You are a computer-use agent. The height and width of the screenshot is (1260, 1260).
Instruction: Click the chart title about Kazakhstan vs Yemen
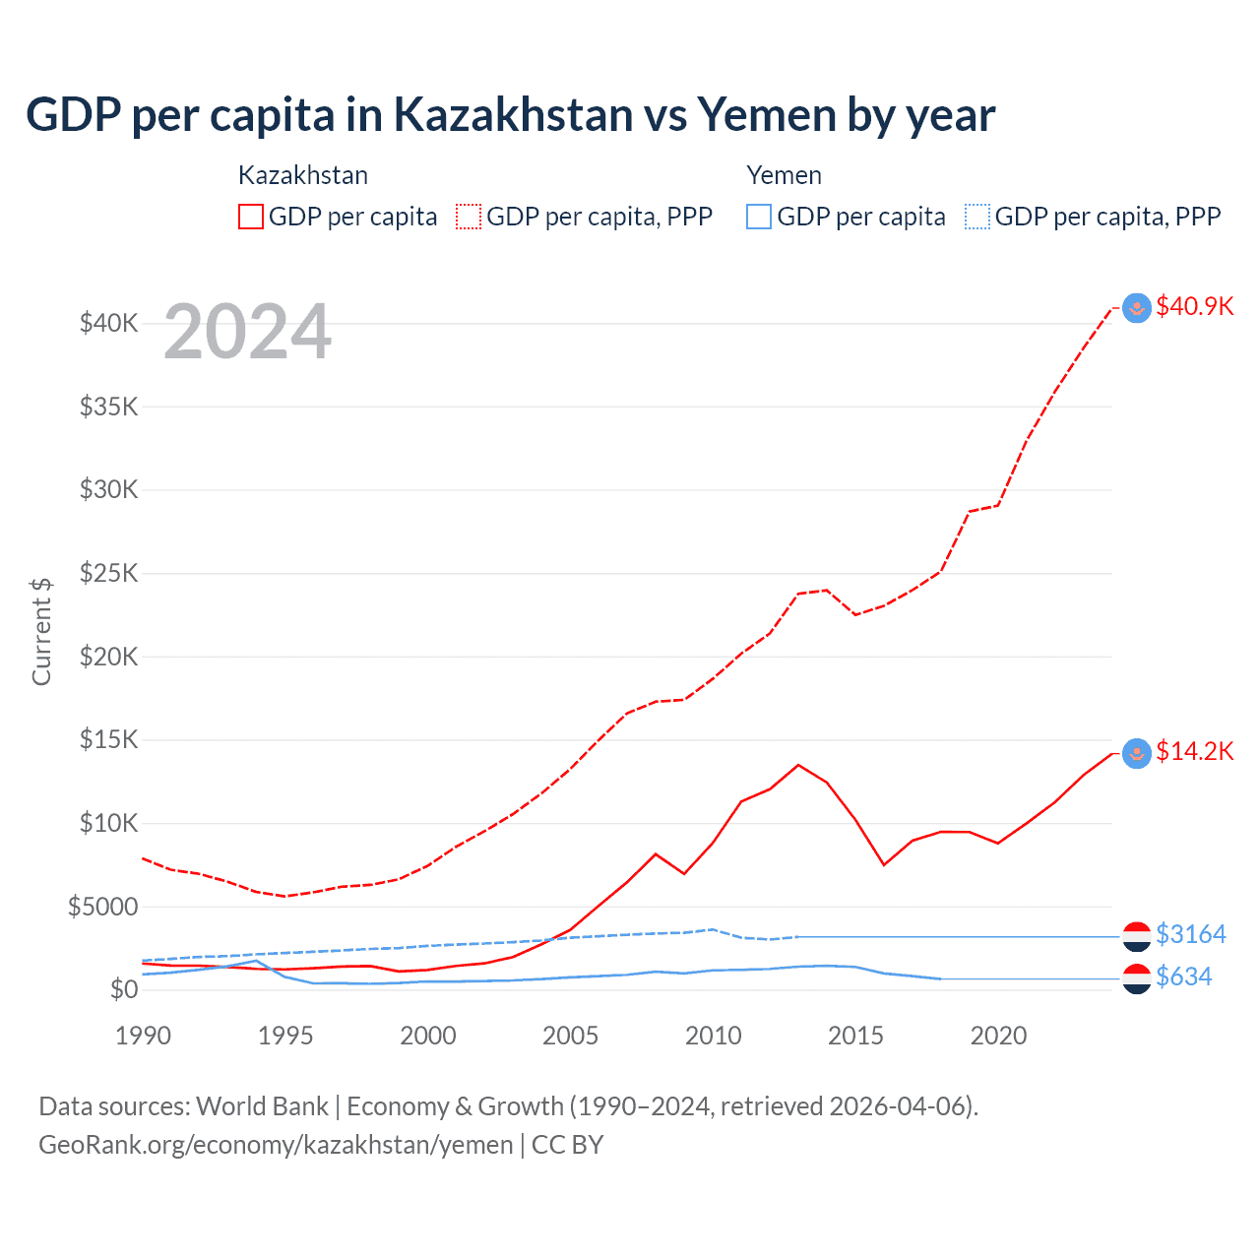click(510, 115)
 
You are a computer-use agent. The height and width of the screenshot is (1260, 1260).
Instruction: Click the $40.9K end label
click(1194, 306)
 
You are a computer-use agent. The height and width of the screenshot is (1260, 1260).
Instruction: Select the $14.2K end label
click(1194, 752)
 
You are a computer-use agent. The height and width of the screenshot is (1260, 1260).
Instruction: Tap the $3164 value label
click(1190, 934)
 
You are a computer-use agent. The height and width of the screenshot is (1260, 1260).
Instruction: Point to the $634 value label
click(1183, 977)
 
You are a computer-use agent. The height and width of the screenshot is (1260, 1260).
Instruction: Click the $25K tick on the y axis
click(108, 573)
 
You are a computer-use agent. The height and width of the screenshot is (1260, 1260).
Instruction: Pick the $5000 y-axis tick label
click(102, 907)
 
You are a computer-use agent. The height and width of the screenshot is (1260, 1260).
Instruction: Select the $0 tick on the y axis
click(123, 989)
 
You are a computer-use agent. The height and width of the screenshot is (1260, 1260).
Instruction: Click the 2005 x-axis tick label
click(571, 1036)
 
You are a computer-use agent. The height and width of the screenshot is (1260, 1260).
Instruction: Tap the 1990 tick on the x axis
click(144, 1036)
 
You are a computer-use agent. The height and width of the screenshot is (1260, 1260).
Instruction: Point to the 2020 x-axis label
click(998, 1036)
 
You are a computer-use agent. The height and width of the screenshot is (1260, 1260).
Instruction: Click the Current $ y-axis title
click(41, 632)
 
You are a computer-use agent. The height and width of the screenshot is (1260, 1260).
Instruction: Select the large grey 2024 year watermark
click(247, 332)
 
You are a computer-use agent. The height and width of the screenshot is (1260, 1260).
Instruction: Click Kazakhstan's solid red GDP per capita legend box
click(251, 217)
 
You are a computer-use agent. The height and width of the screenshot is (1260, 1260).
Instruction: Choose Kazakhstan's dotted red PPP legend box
click(469, 217)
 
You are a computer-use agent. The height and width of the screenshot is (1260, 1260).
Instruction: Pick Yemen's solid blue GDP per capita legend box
click(759, 217)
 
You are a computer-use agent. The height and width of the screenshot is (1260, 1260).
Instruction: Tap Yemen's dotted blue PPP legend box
click(977, 217)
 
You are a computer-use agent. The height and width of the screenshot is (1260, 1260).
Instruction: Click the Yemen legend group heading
click(784, 175)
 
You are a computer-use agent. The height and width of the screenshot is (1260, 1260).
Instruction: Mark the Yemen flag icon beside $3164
click(1137, 936)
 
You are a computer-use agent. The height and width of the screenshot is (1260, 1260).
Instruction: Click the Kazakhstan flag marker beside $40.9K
click(1137, 308)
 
